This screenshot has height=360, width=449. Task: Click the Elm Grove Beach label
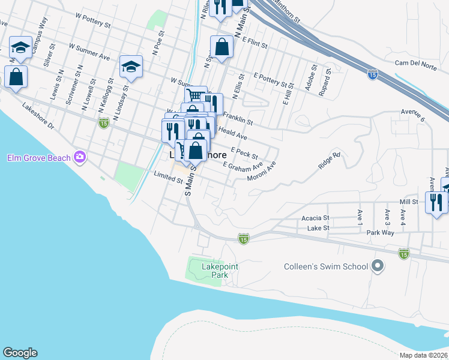click(x=38, y=158)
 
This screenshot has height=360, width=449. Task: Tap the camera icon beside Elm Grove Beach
click(x=80, y=158)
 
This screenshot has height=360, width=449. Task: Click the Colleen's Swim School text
click(x=325, y=266)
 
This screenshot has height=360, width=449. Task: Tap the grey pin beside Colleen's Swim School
click(x=378, y=265)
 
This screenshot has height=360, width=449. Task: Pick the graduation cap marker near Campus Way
click(x=21, y=47)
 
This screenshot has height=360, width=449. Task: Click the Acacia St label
click(x=316, y=218)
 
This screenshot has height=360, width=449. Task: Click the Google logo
click(x=20, y=353)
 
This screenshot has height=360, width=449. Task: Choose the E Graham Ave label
click(x=243, y=166)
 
